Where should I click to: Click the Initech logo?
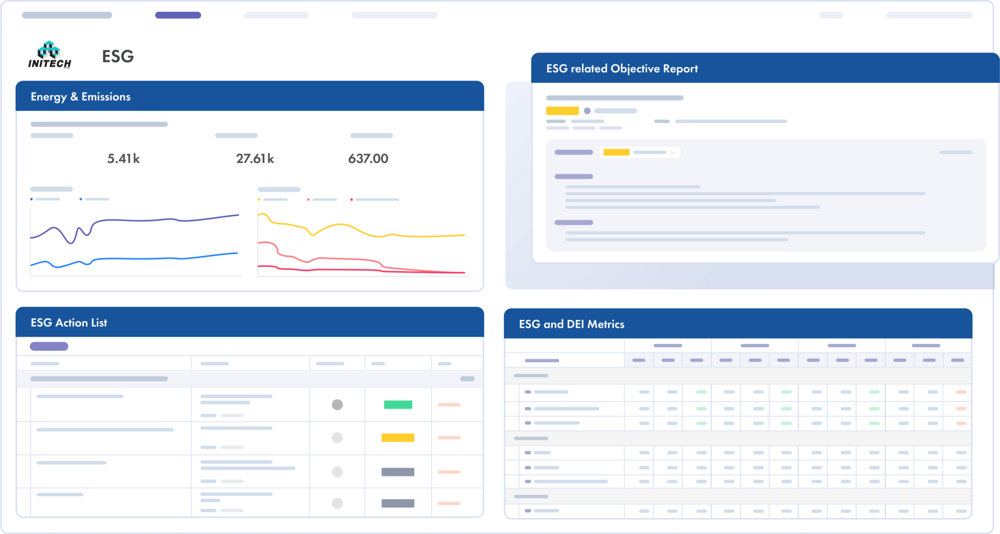pyautogui.click(x=49, y=55)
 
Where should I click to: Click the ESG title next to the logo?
pyautogui.click(x=118, y=57)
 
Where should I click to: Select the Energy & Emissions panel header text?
pyautogui.click(x=81, y=97)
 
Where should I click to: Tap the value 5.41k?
pyautogui.click(x=124, y=159)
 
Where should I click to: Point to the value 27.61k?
pyautogui.click(x=255, y=159)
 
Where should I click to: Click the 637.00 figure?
pyautogui.click(x=368, y=159)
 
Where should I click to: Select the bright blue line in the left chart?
pyautogui.click(x=146, y=259)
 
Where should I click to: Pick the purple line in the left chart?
pyautogui.click(x=146, y=220)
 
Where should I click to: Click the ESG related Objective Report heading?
pyautogui.click(x=622, y=69)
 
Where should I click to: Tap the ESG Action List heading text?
pyautogui.click(x=69, y=323)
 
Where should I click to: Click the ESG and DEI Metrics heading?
pyautogui.click(x=571, y=324)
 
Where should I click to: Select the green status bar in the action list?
pyautogui.click(x=398, y=405)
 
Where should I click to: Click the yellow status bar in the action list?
pyautogui.click(x=398, y=438)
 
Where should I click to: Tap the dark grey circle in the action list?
pyautogui.click(x=337, y=405)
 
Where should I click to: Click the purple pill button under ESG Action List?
pyautogui.click(x=49, y=346)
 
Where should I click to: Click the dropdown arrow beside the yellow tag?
pyautogui.click(x=673, y=152)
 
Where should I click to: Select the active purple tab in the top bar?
pyautogui.click(x=178, y=15)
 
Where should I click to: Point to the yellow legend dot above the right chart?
pyautogui.click(x=259, y=200)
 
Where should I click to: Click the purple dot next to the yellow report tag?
pyautogui.click(x=587, y=111)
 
